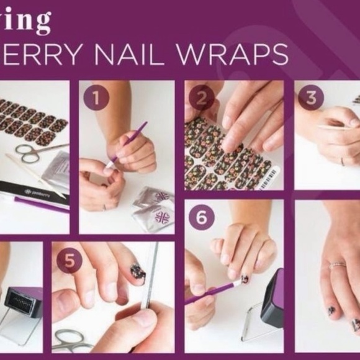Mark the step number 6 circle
point(202,217)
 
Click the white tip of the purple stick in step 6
point(238,282)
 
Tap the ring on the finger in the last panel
point(337,265)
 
